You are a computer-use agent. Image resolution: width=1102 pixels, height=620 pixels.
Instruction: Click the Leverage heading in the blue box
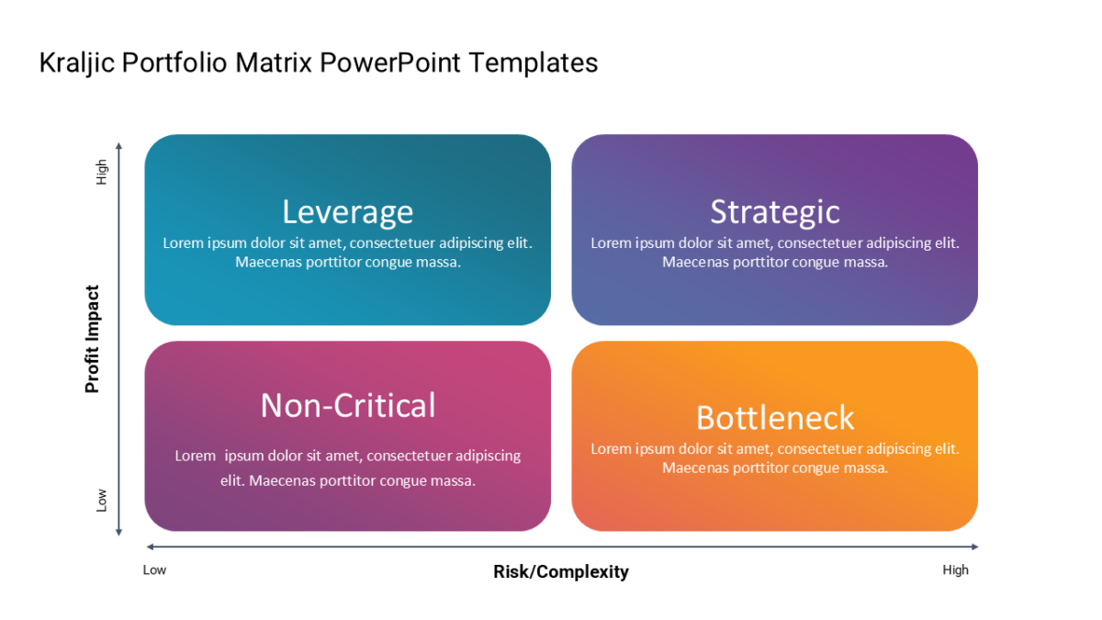coord(347,212)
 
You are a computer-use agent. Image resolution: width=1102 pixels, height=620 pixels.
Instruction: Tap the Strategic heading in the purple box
coord(775,212)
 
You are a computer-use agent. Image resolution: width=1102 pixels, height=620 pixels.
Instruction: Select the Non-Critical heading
coord(348,405)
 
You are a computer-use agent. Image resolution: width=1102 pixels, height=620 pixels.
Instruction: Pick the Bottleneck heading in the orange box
coord(775,418)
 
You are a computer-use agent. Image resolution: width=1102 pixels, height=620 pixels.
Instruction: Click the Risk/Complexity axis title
coord(561,571)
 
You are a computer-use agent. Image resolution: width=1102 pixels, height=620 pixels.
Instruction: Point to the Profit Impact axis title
coord(92,339)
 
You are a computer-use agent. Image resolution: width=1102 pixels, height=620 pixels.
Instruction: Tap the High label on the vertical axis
coord(101,172)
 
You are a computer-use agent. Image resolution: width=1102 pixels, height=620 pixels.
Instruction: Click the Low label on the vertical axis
coord(101,500)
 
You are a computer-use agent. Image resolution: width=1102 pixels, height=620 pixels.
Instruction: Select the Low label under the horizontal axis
coord(154,569)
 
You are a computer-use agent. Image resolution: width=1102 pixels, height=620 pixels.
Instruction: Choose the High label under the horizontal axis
coord(955,569)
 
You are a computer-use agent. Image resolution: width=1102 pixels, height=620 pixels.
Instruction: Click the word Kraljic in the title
coord(77,63)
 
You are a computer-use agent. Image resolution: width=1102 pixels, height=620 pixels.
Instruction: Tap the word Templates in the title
coord(534,63)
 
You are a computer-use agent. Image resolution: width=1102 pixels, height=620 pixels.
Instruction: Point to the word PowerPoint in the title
coord(390,63)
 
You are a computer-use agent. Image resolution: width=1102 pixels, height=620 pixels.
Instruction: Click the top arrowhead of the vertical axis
coord(118,146)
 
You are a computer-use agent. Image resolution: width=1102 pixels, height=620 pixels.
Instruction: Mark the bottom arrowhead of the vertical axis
coord(118,532)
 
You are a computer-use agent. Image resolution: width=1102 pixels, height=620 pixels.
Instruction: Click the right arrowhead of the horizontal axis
coord(974,547)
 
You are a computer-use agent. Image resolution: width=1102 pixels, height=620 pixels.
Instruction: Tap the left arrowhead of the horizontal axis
coord(151,547)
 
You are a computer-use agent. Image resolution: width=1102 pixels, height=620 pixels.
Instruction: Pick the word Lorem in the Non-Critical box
coord(196,456)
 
